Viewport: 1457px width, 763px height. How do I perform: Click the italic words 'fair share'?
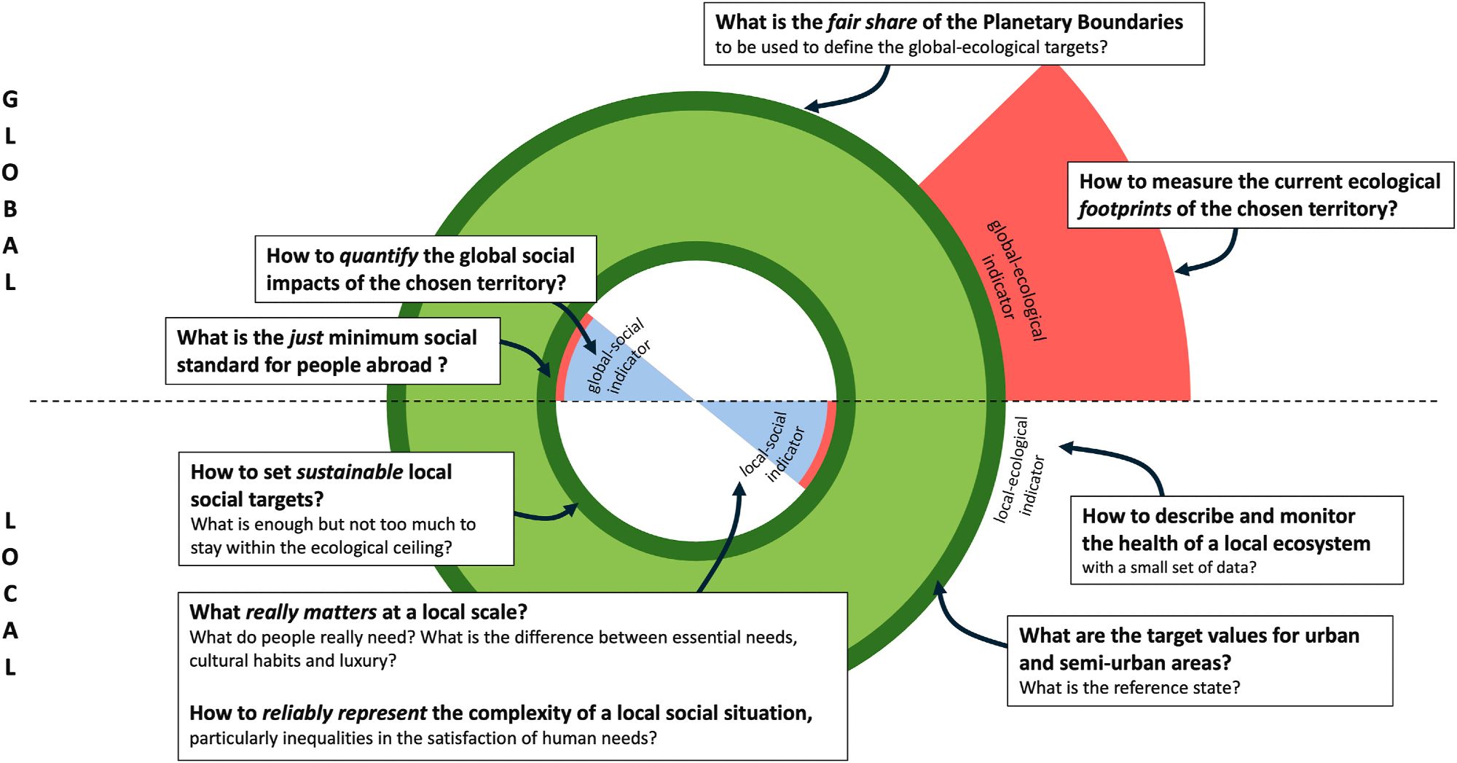coord(872,23)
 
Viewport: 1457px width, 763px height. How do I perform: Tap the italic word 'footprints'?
coord(1124,209)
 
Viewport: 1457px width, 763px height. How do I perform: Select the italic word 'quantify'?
coord(378,256)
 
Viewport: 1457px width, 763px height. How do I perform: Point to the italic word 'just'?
coord(306,337)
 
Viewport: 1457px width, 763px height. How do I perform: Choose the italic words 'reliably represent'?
coord(344,713)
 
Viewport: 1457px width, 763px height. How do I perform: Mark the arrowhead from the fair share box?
coord(811,107)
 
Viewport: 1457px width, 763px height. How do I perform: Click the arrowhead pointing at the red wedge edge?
coord(1182,270)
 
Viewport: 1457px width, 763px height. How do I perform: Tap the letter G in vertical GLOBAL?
coord(10,99)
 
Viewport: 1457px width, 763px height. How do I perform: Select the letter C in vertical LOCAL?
coord(10,594)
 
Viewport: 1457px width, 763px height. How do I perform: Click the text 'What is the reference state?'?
coord(1128,688)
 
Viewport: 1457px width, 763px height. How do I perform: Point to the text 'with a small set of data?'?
coord(1169,568)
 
